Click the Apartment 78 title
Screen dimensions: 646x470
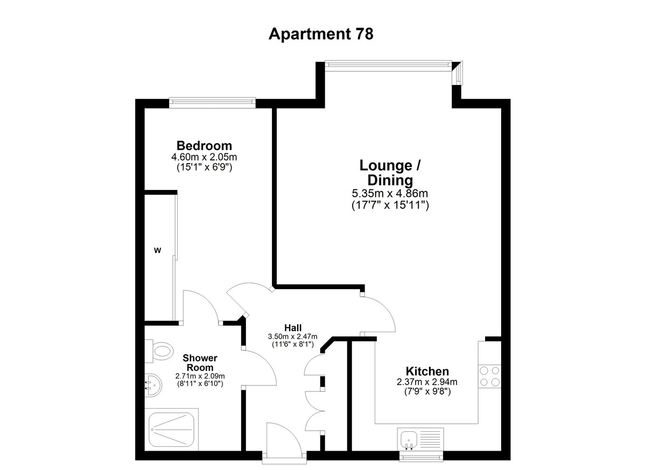tap(321, 34)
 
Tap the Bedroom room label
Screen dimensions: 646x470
tap(204, 145)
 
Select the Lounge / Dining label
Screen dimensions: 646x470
tap(390, 173)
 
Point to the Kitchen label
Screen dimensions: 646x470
tap(427, 371)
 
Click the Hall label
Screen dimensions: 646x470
tap(293, 328)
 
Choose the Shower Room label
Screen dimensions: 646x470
tap(200, 363)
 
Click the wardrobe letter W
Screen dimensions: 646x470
tap(157, 250)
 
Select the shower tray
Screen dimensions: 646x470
tap(171, 429)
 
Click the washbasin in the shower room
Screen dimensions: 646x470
tap(153, 385)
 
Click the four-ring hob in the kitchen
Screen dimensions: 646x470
tap(489, 376)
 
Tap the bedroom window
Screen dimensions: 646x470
tap(212, 103)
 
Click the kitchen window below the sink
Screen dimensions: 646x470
tap(422, 458)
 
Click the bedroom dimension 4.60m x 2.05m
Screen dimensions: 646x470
tap(204, 157)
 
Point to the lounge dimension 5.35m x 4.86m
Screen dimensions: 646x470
tap(390, 193)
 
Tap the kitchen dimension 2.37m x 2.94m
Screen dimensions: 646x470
tap(427, 382)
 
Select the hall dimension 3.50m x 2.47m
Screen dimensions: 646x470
tap(293, 336)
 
